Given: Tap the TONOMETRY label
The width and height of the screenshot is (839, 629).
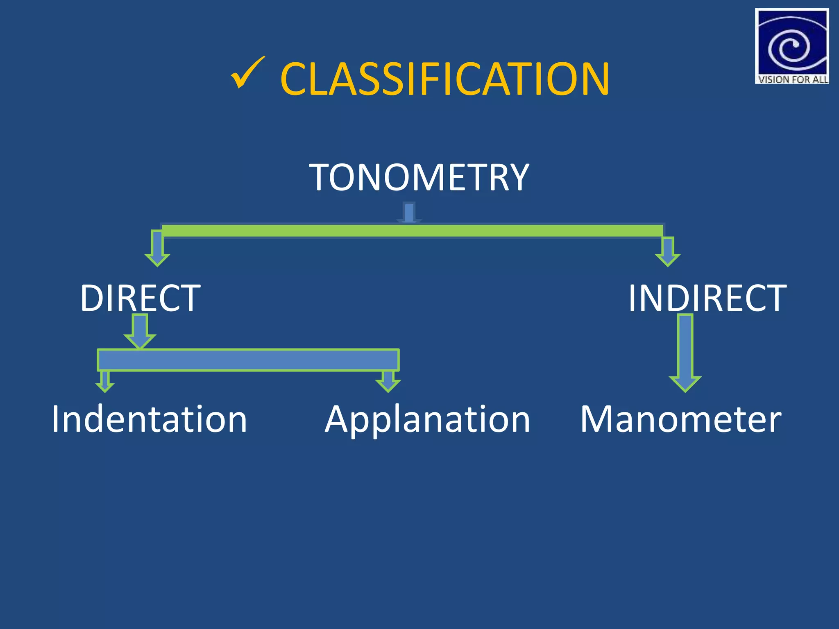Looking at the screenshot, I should (419, 177).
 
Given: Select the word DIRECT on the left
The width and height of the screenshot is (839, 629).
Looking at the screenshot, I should (141, 298).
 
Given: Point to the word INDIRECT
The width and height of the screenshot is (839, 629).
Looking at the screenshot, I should (707, 298).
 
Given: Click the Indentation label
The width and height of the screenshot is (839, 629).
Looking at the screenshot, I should (149, 419).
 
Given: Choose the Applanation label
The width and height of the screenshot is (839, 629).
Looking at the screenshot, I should (427, 420).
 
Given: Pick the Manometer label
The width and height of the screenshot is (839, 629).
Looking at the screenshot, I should (681, 419).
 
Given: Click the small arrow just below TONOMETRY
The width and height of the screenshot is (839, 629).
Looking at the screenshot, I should (409, 213).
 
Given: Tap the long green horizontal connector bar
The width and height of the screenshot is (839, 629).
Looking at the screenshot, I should (412, 231).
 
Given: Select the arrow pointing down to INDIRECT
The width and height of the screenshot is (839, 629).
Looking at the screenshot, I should (668, 251).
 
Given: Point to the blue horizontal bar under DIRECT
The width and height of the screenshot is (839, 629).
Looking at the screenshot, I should (248, 360).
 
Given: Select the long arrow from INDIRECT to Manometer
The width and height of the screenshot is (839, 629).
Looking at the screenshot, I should (685, 352).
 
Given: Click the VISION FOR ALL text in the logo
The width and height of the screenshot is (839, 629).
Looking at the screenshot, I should (792, 79).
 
